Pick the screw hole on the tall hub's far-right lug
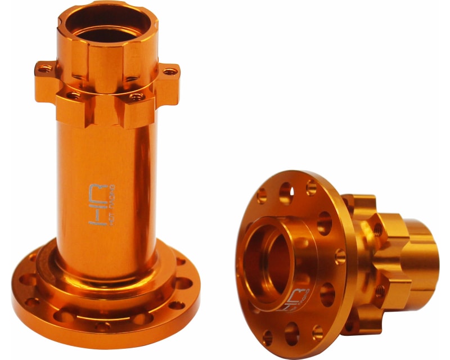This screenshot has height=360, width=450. pyautogui.click(x=169, y=71)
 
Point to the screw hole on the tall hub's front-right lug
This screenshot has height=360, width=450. pyautogui.click(x=136, y=97)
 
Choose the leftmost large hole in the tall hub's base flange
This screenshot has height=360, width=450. pyautogui.click(x=27, y=280)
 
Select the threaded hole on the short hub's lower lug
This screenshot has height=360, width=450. pyautogui.click(x=380, y=291)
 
